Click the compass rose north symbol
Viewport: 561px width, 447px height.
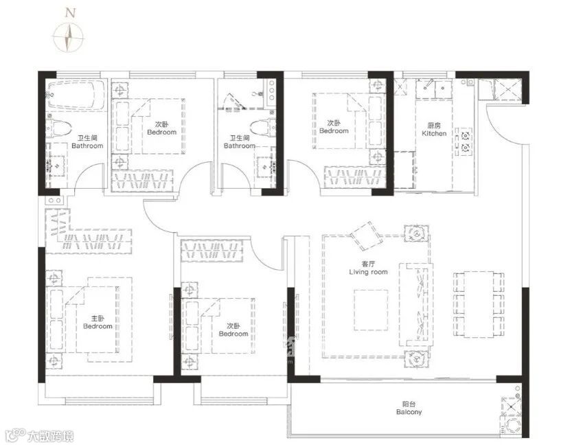point(69,37)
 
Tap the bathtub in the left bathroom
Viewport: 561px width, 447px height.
point(76,94)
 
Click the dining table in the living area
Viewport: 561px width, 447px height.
point(479,305)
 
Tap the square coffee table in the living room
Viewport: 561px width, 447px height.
point(371,310)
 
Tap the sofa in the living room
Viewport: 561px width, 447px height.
point(415,305)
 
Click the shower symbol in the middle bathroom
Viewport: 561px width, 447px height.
point(234,102)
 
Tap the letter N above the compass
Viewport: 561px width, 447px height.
point(71,13)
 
